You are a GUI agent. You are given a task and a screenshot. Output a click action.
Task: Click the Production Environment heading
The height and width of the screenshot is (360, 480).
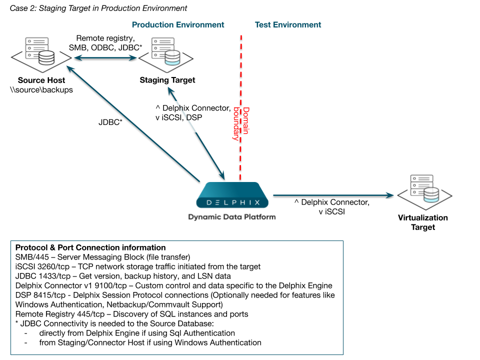178,25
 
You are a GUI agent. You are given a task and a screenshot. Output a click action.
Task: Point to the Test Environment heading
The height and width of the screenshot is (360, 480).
288,25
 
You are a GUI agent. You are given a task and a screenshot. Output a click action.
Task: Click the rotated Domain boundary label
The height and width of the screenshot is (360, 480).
241,124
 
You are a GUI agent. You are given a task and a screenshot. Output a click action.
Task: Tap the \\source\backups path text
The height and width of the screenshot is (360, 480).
42,90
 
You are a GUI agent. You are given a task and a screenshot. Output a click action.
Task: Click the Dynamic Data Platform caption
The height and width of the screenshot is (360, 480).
232,217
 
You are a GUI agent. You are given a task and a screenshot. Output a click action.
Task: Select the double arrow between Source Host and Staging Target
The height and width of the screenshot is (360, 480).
105,58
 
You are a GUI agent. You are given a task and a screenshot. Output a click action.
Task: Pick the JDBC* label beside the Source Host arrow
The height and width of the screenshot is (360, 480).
110,121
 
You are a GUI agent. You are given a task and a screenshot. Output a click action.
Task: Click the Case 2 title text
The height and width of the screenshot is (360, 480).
98,8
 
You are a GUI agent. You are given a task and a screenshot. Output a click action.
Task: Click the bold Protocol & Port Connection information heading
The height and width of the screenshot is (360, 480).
90,247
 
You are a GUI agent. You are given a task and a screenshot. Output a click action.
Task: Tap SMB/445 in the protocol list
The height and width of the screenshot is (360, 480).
31,257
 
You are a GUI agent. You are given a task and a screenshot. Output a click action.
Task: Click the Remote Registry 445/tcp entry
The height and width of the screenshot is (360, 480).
58,314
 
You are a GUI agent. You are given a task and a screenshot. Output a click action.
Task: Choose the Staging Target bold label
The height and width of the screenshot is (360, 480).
167,80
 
